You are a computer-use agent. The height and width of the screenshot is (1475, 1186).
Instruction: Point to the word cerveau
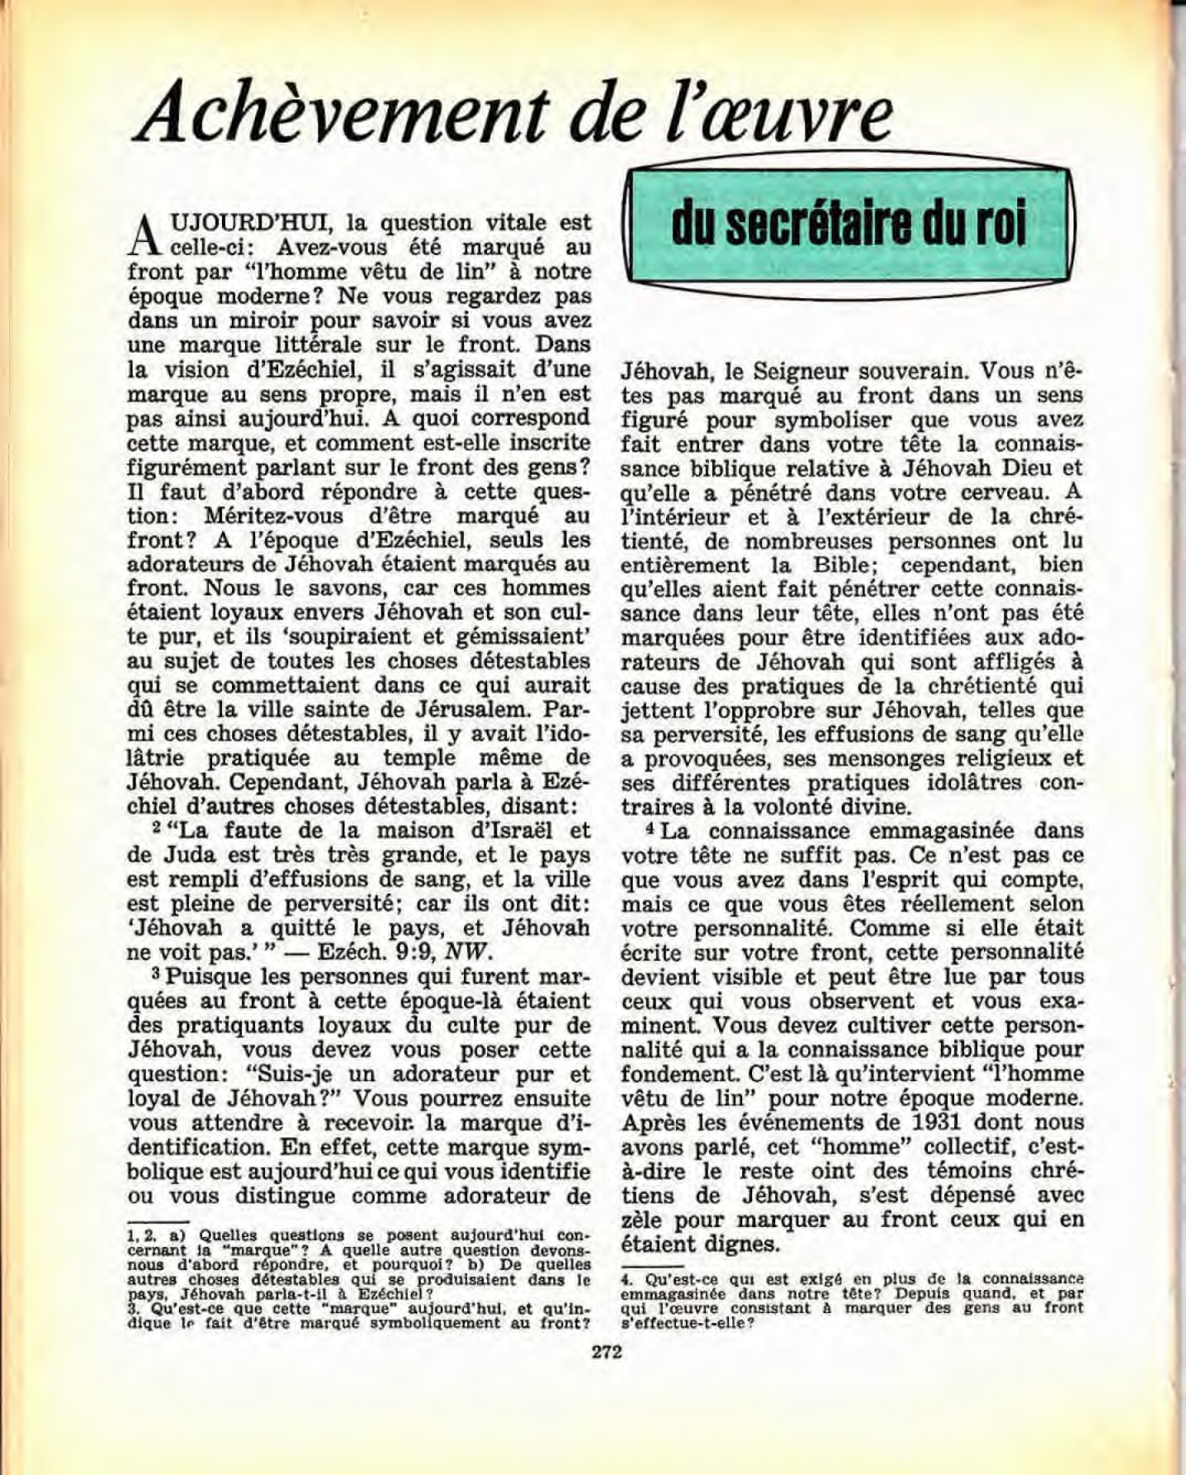pos(993,492)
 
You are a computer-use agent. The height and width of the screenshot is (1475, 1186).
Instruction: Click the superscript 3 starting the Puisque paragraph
pos(155,973)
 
